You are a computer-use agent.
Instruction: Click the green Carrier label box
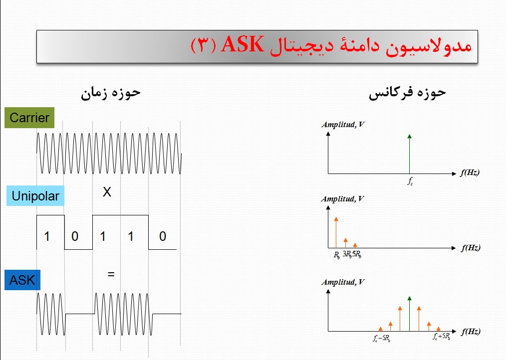(x=29, y=118)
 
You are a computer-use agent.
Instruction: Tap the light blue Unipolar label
(x=35, y=196)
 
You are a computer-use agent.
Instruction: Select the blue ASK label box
(x=22, y=280)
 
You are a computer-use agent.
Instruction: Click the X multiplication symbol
(x=107, y=192)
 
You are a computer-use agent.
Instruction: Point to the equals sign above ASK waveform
(x=111, y=274)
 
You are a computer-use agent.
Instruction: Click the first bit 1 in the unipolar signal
(x=47, y=236)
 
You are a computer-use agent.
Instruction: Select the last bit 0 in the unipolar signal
(x=163, y=236)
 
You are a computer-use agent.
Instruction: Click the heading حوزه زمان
(x=111, y=93)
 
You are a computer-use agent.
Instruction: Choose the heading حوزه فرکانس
(x=407, y=93)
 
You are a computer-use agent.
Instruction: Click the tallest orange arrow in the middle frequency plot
(x=336, y=232)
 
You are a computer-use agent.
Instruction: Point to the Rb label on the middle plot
(x=337, y=254)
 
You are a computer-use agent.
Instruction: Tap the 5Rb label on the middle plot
(x=356, y=254)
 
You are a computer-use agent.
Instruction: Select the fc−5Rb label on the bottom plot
(x=381, y=339)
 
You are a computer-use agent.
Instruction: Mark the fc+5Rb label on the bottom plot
(x=441, y=337)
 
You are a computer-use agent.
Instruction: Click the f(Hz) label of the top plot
(x=470, y=173)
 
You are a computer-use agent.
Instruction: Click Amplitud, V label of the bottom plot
(x=342, y=282)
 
